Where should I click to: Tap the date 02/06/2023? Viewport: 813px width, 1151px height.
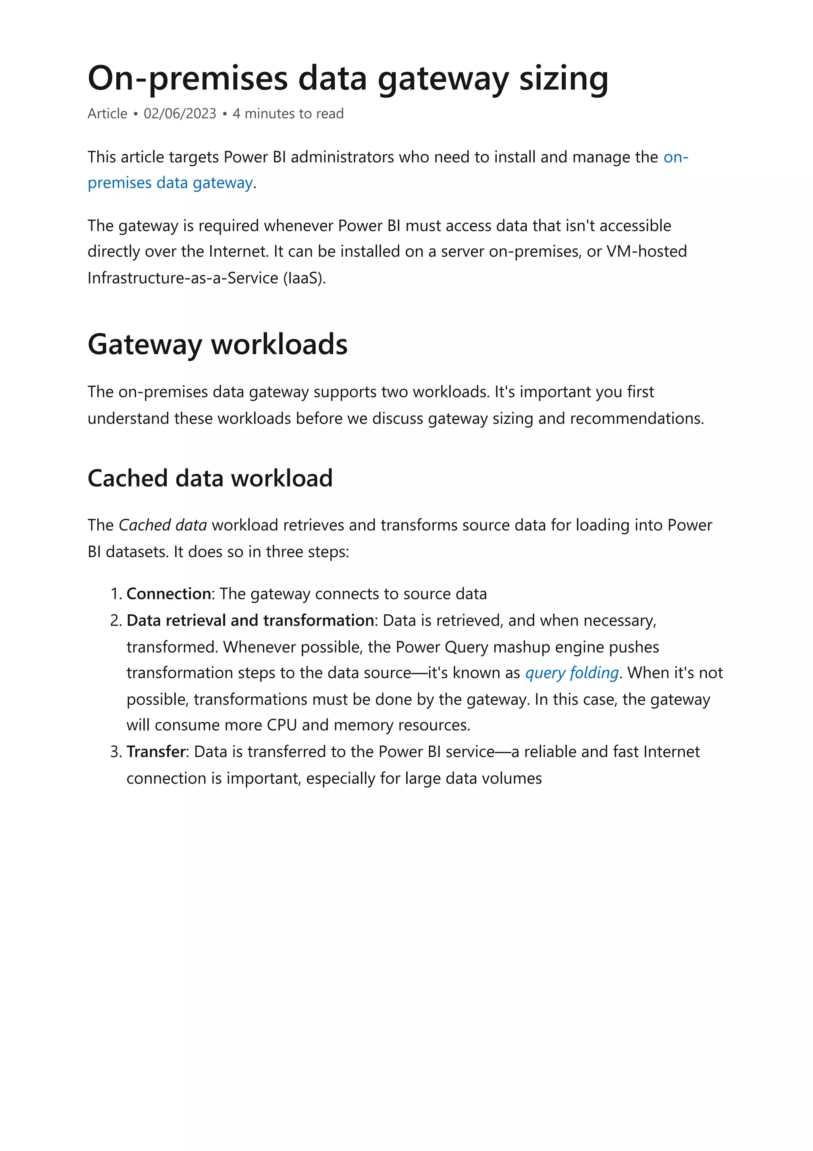[180, 114]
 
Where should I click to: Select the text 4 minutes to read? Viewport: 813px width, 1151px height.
[288, 114]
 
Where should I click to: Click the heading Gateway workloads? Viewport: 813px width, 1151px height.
[218, 344]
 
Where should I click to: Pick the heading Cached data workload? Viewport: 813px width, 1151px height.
[210, 478]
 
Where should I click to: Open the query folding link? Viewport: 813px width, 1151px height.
[572, 673]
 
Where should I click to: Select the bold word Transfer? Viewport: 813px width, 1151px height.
[156, 752]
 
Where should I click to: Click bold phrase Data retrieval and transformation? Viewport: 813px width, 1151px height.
[250, 621]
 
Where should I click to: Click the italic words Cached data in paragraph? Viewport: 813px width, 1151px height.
[162, 525]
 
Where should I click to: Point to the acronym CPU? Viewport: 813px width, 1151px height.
[281, 725]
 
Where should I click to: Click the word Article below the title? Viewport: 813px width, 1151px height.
[107, 114]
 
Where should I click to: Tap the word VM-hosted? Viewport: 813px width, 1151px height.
[646, 251]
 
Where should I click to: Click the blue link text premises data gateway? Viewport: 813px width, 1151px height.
[170, 183]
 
